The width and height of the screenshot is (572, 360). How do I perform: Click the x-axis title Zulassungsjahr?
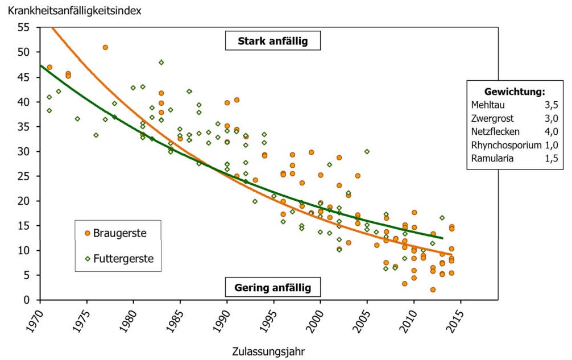tap(268, 351)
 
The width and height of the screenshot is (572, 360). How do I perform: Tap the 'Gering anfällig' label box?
tap(273, 287)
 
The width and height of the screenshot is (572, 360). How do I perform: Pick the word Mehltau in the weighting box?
tap(488, 105)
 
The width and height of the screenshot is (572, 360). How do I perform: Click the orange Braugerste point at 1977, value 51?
tap(105, 47)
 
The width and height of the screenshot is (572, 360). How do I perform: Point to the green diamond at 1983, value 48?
tap(161, 63)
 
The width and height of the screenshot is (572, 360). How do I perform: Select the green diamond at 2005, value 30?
tap(367, 151)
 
